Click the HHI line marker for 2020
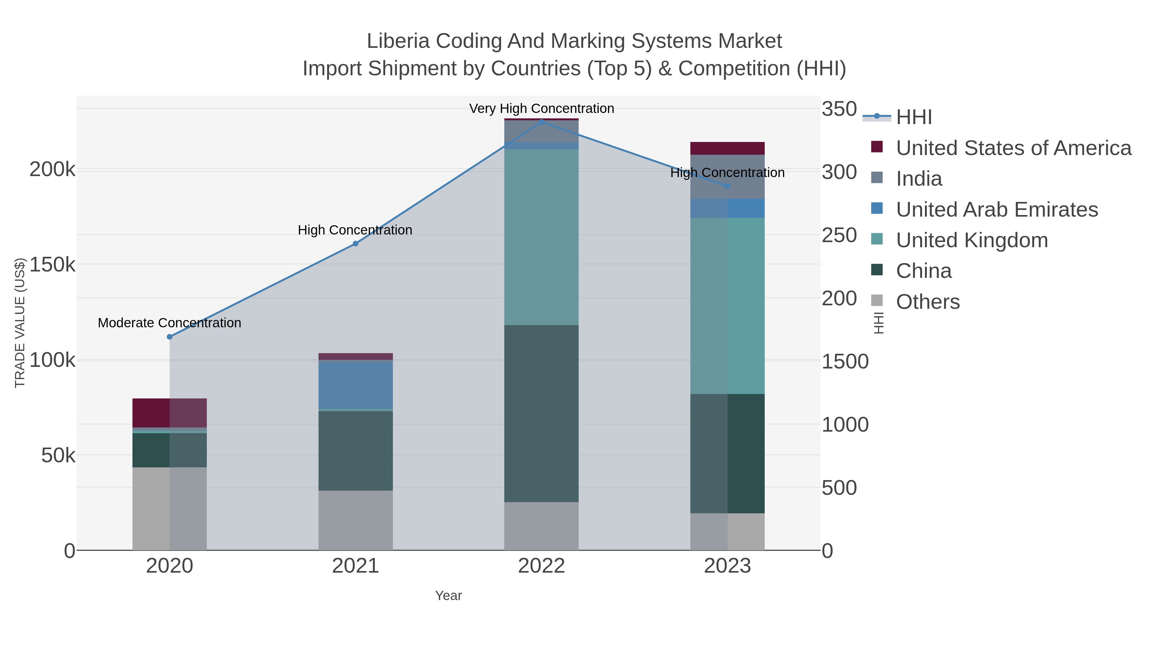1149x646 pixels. point(169,337)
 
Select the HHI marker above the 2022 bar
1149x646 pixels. point(542,122)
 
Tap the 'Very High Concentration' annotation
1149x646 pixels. point(542,108)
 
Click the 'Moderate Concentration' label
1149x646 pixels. point(169,323)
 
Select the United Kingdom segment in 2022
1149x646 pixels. point(542,237)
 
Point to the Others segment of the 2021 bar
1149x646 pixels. point(356,520)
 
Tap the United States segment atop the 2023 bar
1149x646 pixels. point(727,148)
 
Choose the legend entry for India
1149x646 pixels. point(919,179)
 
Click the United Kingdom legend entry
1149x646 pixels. point(972,240)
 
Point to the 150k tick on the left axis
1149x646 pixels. point(52,265)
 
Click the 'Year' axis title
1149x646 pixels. point(448,596)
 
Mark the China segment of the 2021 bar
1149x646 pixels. point(356,450)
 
